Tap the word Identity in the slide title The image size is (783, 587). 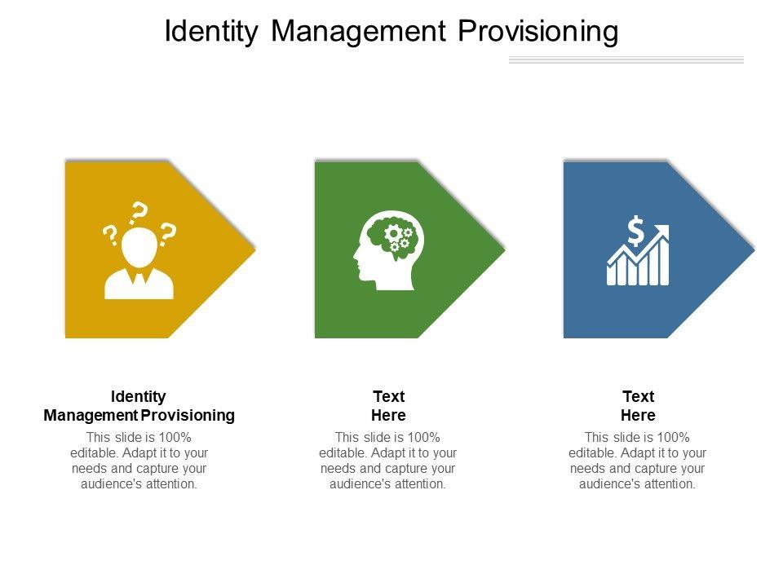[211, 32]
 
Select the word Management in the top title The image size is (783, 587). [358, 32]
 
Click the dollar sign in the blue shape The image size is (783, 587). [635, 231]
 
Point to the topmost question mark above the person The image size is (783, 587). [139, 213]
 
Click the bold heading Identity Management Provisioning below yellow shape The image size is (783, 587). [139, 406]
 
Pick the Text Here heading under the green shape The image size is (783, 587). [388, 406]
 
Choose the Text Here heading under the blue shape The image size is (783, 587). [638, 406]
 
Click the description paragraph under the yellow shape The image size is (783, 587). [139, 461]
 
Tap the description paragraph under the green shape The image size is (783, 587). [388, 461]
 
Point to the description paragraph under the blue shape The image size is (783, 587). [638, 461]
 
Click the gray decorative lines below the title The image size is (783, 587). [626, 60]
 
